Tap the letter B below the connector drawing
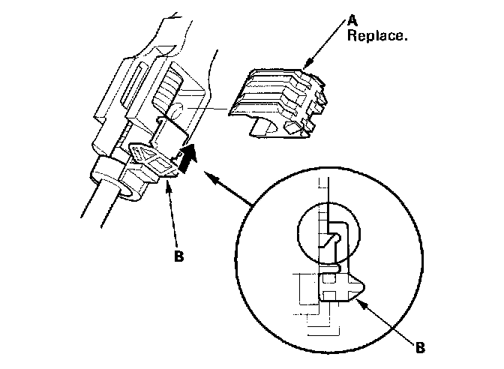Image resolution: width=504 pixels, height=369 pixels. (179, 255)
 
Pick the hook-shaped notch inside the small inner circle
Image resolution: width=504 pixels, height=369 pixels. (333, 239)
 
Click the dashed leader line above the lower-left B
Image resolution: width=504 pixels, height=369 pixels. (173, 217)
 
